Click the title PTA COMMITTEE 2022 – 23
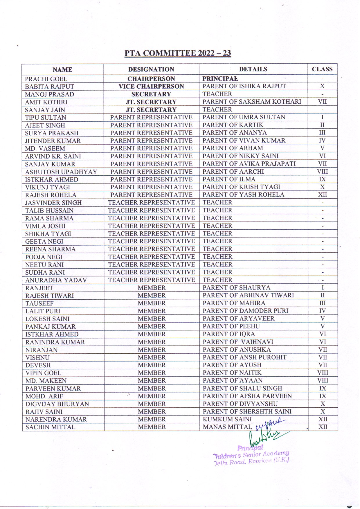point(178,53)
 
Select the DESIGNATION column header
point(151,69)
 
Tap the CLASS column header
point(322,69)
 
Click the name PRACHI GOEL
point(46,79)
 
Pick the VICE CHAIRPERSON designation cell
point(151,87)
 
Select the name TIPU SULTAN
point(46,118)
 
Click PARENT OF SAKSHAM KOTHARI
point(252,102)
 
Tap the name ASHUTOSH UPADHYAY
point(61,172)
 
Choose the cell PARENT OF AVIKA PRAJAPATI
point(249,164)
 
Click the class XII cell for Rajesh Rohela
point(322,195)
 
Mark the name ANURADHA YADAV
point(56,280)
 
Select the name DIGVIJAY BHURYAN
point(57,404)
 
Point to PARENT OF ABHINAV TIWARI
point(248,295)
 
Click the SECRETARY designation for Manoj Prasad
point(151,94)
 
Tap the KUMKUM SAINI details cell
point(227,419)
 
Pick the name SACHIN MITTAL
point(50,427)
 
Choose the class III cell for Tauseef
point(323,303)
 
